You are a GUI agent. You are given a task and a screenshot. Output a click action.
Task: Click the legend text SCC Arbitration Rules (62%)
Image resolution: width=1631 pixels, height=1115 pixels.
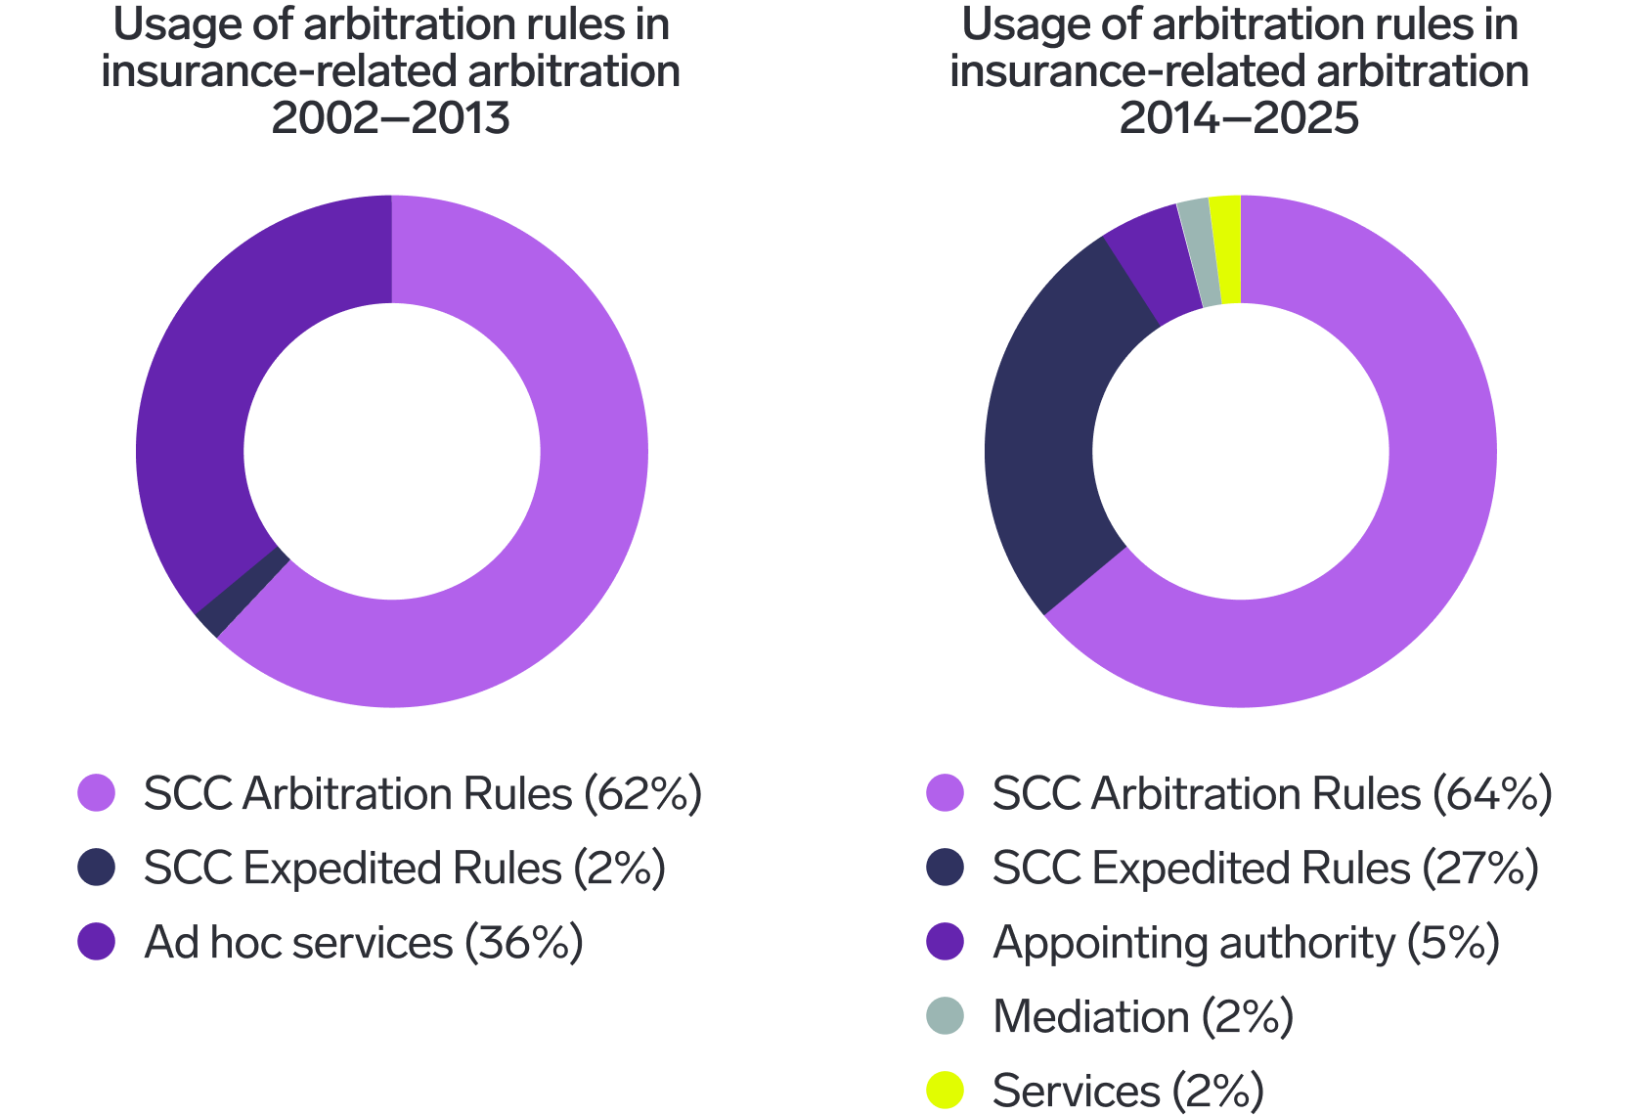422,793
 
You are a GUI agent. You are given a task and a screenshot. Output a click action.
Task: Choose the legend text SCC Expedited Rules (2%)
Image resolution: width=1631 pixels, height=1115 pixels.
404,868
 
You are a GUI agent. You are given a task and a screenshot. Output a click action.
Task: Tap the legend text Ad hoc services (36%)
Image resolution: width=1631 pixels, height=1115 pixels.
363,942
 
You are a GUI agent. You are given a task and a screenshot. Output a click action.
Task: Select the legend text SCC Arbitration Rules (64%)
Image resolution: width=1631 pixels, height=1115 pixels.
1271,793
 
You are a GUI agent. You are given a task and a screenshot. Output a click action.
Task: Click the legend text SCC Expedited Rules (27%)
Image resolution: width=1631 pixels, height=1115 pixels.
1264,868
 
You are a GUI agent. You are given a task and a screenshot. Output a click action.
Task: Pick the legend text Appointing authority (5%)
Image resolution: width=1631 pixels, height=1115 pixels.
1245,942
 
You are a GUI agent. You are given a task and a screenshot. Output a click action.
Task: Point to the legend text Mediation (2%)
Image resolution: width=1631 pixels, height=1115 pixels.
1142,1016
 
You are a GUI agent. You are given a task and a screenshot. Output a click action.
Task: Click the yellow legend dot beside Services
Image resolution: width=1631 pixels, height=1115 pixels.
945,1090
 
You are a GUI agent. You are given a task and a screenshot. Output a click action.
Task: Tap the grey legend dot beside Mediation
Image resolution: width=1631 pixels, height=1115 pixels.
945,1016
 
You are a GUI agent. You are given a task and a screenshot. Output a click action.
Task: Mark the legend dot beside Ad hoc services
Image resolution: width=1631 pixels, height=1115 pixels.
97,942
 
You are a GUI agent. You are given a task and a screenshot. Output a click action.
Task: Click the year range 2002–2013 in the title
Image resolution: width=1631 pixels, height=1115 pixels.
391,118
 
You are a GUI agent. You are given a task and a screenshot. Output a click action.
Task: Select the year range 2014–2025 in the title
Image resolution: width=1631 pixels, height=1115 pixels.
1239,118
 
